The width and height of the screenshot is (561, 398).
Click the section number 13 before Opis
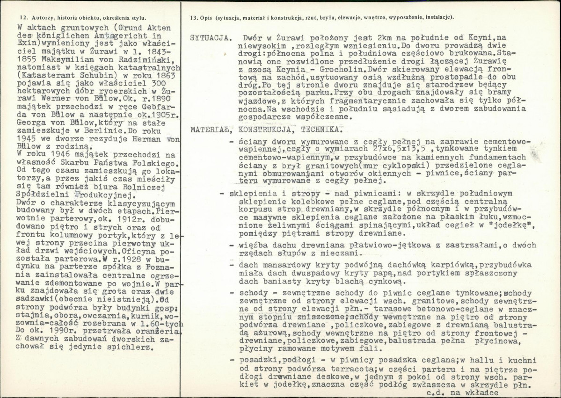(x=193, y=18)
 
